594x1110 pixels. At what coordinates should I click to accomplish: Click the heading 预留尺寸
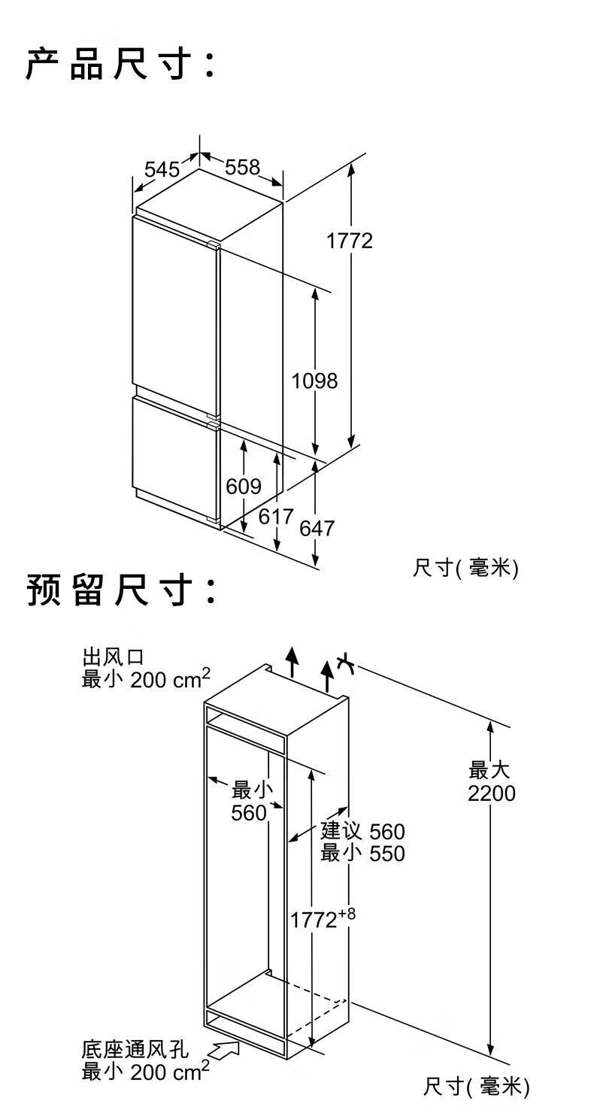[x=120, y=591]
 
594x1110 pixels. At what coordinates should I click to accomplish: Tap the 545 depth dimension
[x=162, y=169]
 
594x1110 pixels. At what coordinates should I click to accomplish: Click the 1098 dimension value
[x=314, y=381]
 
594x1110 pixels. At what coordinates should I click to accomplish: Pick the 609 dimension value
[x=244, y=487]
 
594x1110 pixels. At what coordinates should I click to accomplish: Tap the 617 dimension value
[x=276, y=517]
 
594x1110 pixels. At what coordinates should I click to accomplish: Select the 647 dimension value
[x=317, y=528]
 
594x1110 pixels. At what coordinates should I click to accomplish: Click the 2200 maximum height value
[x=491, y=793]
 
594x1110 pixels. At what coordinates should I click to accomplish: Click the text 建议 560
[x=362, y=831]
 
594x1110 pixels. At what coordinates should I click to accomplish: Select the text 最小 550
[x=362, y=854]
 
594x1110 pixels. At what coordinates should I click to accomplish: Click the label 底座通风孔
[x=135, y=1049]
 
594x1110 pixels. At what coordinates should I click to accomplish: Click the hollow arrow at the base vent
[x=226, y=1048]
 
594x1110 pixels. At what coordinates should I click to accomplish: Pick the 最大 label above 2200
[x=490, y=770]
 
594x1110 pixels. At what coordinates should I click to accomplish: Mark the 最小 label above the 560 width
[x=252, y=790]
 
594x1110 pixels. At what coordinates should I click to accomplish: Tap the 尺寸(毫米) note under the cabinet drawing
[x=476, y=1086]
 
